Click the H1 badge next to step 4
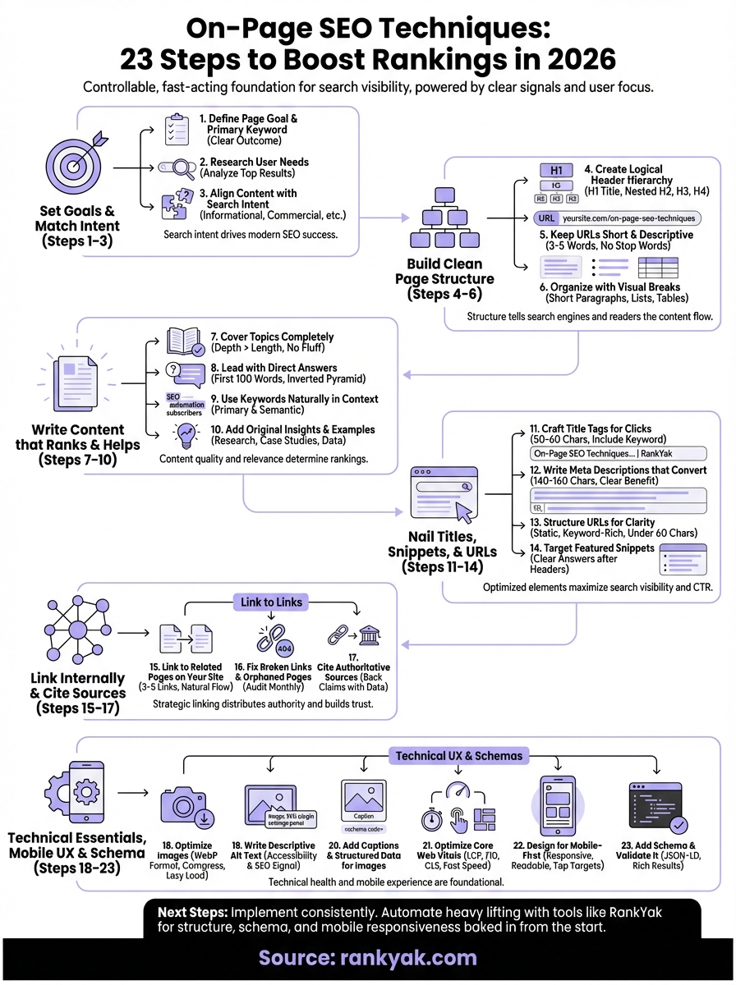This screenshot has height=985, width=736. (x=555, y=171)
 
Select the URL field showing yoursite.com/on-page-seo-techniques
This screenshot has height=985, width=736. (x=617, y=218)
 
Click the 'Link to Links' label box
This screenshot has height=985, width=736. (x=271, y=602)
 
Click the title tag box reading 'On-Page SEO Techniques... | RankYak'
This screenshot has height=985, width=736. (x=619, y=453)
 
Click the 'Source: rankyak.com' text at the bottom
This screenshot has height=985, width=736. (x=367, y=958)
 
